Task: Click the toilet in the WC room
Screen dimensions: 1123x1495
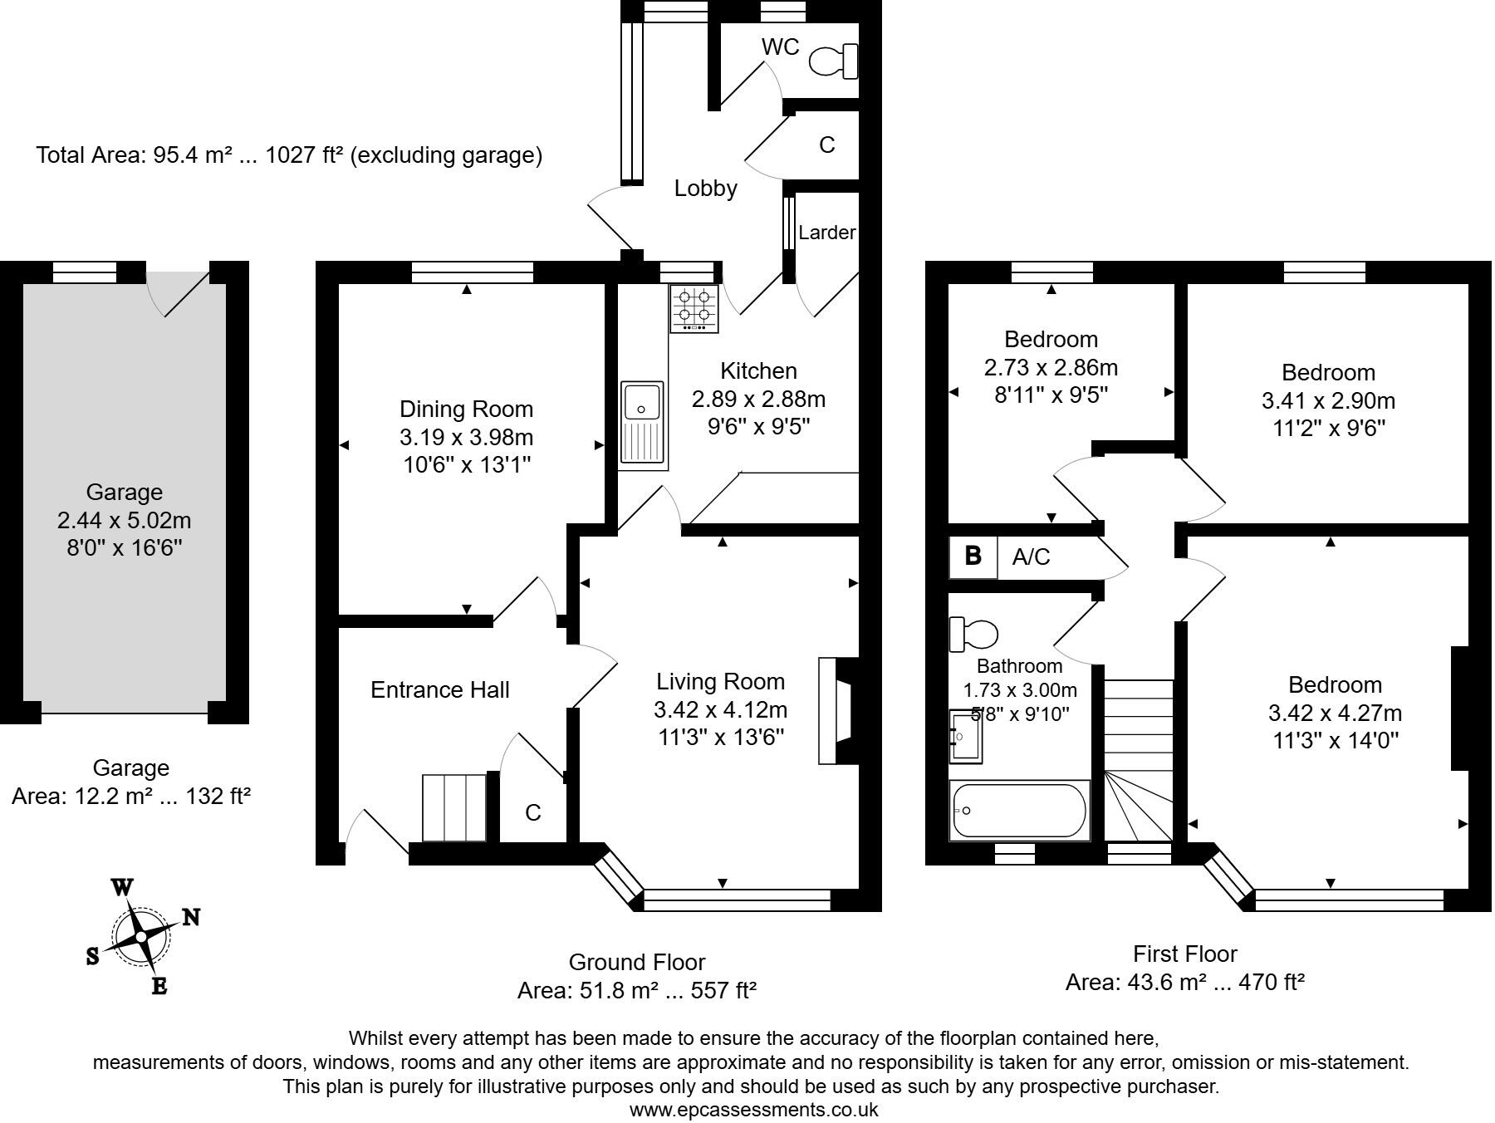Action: [x=834, y=61]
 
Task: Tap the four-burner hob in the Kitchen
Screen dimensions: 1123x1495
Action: [x=694, y=309]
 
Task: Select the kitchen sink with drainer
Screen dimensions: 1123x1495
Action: [x=643, y=422]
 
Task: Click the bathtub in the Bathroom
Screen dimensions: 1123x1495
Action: [x=1018, y=811]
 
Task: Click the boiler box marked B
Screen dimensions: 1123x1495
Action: [x=973, y=556]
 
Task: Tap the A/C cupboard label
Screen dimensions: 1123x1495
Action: [x=1031, y=557]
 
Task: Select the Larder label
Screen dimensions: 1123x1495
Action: [x=826, y=233]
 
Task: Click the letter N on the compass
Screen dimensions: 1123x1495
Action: [x=191, y=917]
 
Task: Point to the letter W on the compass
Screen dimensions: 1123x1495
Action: [x=122, y=887]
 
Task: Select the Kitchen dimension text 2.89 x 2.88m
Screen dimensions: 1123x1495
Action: [x=758, y=400]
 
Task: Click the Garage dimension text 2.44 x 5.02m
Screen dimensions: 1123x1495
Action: [x=124, y=521]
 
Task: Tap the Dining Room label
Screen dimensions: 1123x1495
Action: [x=466, y=409]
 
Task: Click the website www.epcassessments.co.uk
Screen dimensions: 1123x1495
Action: [x=752, y=1110]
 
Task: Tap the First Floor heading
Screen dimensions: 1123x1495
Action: [x=1184, y=954]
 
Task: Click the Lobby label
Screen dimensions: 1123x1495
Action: [x=705, y=189]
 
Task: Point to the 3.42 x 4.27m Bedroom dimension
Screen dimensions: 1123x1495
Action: [x=1335, y=713]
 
